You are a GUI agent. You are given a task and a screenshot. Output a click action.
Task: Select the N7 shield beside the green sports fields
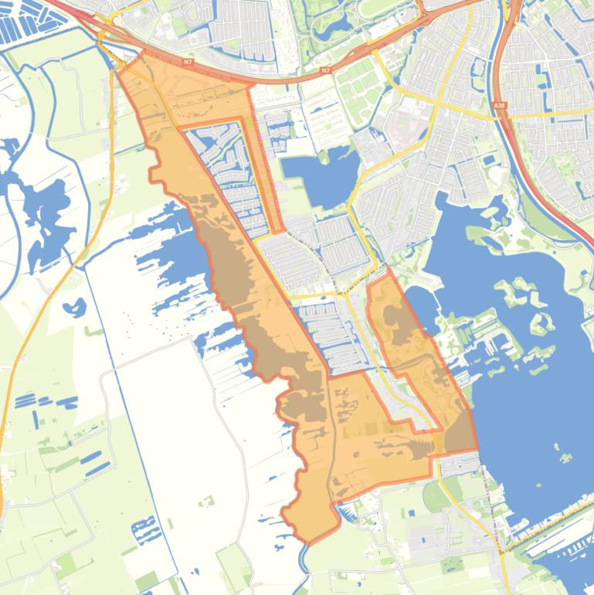[324, 70]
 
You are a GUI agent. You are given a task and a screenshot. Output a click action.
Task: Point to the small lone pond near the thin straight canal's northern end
[73, 308]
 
